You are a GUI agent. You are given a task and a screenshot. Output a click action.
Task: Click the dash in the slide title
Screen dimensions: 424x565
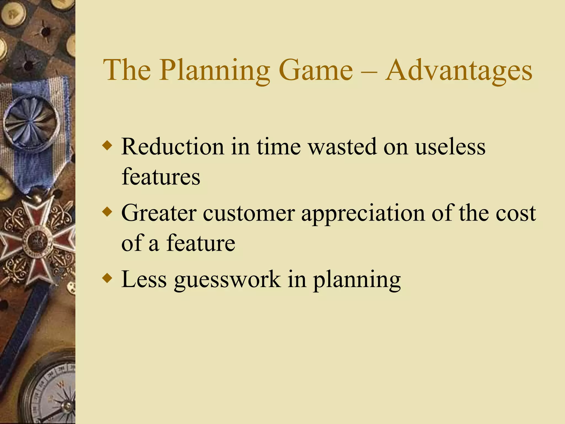[369, 72]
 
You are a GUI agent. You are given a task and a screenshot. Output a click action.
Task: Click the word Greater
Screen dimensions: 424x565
[159, 213]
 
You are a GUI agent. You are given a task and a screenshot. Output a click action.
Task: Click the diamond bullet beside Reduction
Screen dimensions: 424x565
[107, 146]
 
